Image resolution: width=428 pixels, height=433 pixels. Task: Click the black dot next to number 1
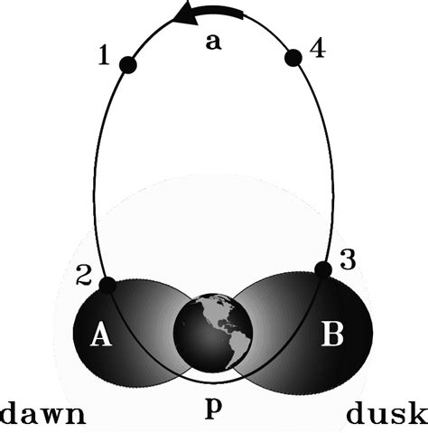point(127,64)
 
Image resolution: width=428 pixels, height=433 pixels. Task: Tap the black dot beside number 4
point(292,58)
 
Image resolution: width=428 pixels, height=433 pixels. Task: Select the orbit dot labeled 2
point(107,286)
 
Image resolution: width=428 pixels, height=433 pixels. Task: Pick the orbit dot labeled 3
point(322,268)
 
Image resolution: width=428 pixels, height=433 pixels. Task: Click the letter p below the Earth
point(213,406)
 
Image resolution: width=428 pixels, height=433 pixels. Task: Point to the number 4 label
point(317,49)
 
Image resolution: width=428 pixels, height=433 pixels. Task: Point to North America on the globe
point(212,316)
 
